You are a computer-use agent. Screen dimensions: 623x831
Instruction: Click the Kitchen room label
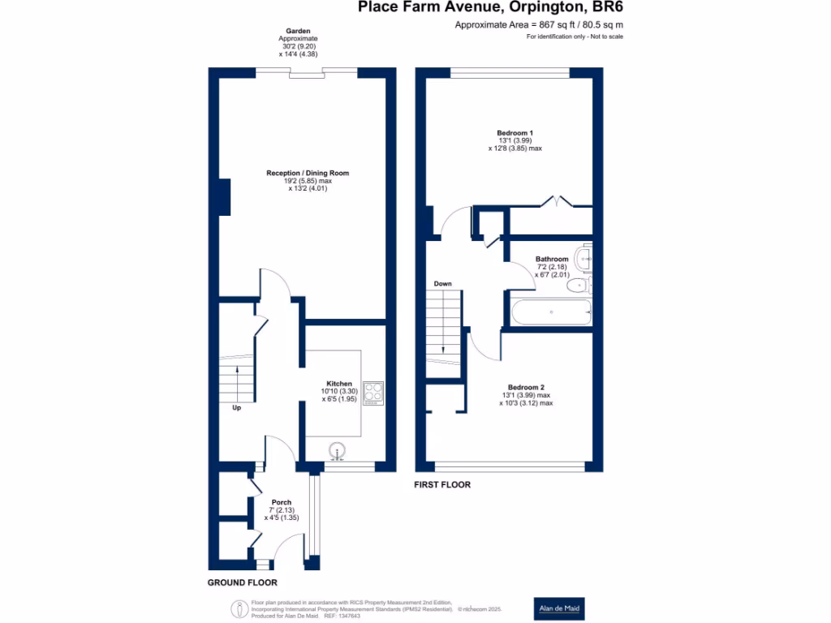click(339, 384)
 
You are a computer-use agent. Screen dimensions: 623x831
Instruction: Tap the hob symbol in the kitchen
click(372, 393)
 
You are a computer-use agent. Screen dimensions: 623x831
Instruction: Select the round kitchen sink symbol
click(338, 450)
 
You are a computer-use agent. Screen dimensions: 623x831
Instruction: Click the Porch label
click(282, 502)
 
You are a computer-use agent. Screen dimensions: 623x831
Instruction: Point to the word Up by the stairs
click(236, 407)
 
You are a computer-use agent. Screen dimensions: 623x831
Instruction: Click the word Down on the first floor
click(442, 284)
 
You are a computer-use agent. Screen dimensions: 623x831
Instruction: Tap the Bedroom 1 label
click(515, 132)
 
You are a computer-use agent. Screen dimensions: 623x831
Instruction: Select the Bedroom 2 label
click(526, 387)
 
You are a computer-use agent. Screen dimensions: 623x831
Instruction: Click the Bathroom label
click(552, 260)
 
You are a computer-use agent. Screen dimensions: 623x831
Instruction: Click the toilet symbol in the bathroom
click(583, 284)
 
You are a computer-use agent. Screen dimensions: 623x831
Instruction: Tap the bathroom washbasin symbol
click(583, 257)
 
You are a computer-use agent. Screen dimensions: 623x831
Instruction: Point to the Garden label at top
click(298, 31)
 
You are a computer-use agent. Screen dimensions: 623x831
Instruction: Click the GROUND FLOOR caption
click(242, 582)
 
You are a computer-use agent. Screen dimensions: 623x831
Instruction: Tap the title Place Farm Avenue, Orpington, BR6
click(491, 7)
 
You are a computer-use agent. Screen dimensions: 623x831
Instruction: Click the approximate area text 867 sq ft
click(539, 25)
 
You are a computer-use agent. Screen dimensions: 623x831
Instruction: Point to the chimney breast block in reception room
click(223, 197)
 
